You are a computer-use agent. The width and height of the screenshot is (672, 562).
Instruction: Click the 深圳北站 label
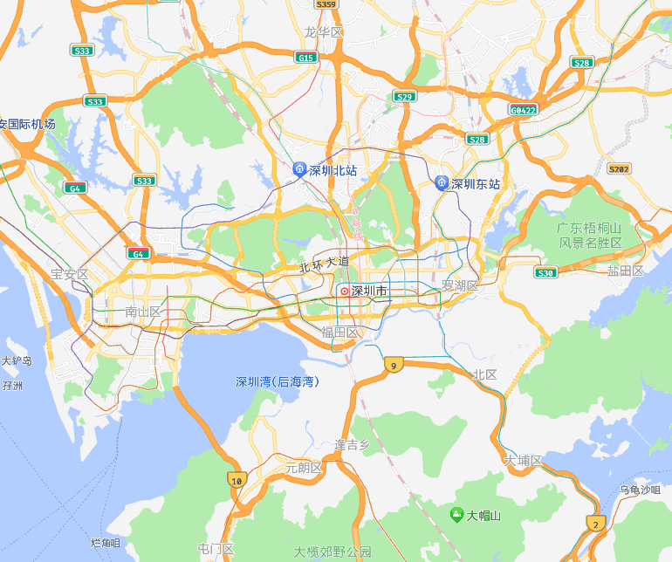(x=333, y=170)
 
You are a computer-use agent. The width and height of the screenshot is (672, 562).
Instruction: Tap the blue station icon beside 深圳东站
(x=442, y=183)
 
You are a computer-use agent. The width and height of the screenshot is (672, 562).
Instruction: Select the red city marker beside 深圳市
(x=344, y=291)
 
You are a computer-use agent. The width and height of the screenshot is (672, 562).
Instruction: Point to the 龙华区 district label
(x=324, y=32)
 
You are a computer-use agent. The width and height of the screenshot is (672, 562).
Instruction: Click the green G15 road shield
(x=305, y=58)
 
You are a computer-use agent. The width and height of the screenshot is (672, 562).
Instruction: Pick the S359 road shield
(x=326, y=4)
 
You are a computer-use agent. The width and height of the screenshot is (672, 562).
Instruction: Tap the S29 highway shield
(x=404, y=97)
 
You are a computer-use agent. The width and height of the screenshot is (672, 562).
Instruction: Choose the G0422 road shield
(x=523, y=110)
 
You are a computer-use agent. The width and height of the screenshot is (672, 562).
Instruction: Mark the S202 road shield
(x=619, y=168)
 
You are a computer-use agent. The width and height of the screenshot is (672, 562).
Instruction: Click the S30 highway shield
(x=545, y=273)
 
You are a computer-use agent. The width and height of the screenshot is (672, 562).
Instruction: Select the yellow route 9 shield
(x=394, y=365)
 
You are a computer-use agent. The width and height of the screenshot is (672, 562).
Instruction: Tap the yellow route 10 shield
(x=236, y=479)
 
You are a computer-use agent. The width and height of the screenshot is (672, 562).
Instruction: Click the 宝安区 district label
(x=70, y=274)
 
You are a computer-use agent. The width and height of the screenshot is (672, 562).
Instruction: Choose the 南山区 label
(x=143, y=312)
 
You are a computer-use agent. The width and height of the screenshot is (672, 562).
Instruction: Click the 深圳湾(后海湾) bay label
(x=278, y=381)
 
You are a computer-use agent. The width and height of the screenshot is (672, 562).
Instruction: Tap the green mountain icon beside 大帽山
(x=456, y=515)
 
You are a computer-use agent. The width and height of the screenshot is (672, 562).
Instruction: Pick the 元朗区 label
(x=304, y=468)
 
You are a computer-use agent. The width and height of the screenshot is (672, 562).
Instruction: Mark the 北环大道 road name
(x=324, y=264)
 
